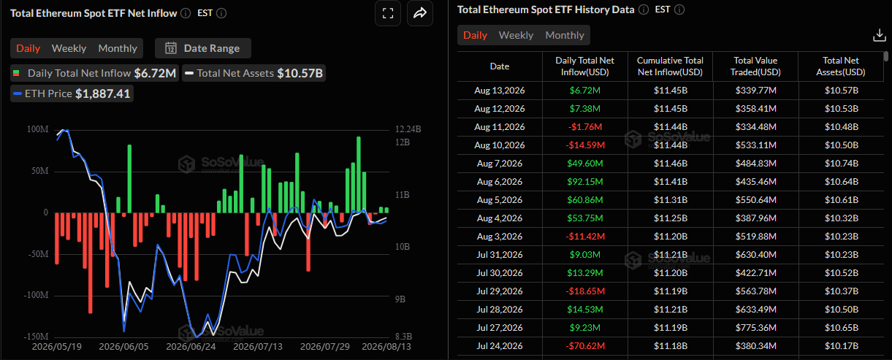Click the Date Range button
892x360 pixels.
202,48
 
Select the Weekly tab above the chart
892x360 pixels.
69,48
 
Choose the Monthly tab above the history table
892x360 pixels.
565,35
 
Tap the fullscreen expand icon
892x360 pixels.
388,13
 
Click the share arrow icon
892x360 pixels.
420,13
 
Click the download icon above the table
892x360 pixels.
880,35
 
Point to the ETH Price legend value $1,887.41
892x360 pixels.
103,93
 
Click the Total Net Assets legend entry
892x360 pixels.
254,73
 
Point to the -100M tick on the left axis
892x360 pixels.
36,295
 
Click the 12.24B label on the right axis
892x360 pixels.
408,129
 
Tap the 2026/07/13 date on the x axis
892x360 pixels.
258,346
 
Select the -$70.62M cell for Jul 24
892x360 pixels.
585,345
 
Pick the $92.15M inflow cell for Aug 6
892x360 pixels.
585,182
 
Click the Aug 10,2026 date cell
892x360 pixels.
500,145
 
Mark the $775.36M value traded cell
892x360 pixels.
756,327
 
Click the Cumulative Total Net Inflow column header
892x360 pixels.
670,66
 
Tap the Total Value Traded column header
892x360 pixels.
756,66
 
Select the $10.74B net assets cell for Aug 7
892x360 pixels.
841,164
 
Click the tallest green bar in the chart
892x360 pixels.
359,175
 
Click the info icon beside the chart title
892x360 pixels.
186,13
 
